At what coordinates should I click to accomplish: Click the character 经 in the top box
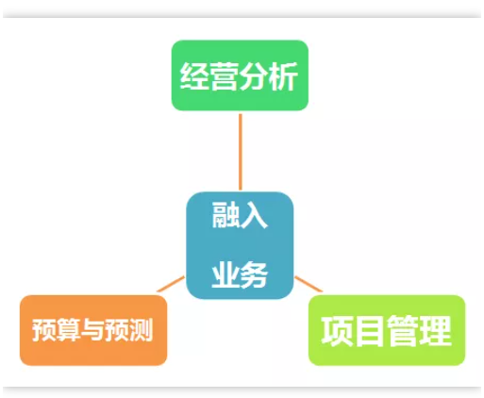coord(194,76)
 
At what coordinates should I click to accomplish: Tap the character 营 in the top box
coord(224,76)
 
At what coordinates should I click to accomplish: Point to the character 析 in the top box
coord(283,76)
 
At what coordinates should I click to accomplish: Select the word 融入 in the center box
coord(240,215)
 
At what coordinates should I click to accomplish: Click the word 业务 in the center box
coord(240,274)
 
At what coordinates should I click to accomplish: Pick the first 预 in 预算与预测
coord(44,329)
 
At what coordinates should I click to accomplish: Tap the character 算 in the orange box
coord(68,329)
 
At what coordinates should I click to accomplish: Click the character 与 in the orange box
coord(92,329)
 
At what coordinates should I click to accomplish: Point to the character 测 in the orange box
coord(141,329)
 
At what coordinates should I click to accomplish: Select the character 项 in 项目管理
coord(337,331)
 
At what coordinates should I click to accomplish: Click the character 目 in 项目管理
coord(370,331)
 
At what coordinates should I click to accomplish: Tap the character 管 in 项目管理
coord(403,331)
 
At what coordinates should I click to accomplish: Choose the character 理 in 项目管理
coord(436,331)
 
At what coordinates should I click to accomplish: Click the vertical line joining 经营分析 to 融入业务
coord(241,152)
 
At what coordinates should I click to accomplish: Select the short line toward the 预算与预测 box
coord(171,284)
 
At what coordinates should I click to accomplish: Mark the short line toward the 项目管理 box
coord(309,284)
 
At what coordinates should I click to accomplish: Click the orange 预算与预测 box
coord(93,330)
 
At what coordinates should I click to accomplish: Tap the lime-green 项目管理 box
coord(387,330)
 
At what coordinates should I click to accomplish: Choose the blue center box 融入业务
coord(240,245)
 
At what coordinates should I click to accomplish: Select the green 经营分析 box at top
coord(240,75)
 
